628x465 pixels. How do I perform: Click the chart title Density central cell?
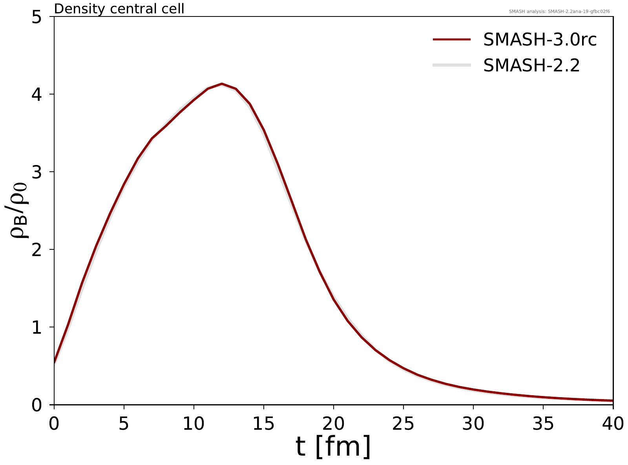(119, 9)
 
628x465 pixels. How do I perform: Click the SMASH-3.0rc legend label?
(540, 40)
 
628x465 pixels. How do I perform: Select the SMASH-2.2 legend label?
(531, 65)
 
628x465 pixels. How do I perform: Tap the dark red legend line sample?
(451, 40)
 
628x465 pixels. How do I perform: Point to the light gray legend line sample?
(451, 65)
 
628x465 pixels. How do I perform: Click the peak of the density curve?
(222, 84)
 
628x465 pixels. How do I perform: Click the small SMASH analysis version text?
(559, 11)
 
